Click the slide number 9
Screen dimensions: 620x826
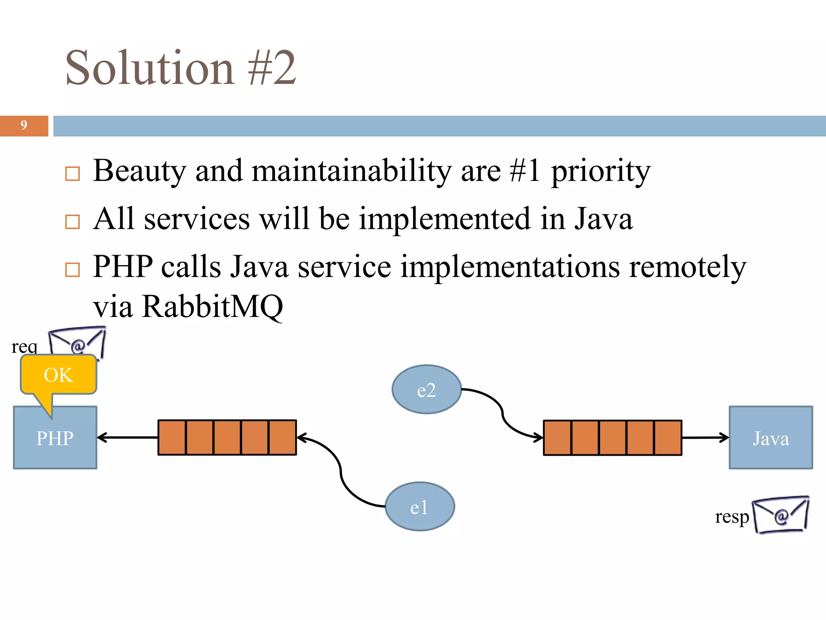coord(24,126)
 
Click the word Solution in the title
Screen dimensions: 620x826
coord(149,68)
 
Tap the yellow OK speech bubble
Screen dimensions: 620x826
coord(58,375)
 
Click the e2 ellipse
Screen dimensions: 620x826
coord(426,390)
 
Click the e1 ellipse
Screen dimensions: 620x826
coord(419,507)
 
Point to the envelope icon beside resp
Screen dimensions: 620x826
coord(780,515)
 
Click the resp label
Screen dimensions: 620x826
coord(732,517)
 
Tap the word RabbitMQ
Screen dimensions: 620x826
coord(212,306)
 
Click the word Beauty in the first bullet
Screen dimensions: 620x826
coord(139,171)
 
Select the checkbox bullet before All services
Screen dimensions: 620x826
coord(73,222)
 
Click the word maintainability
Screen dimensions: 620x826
coord(351,171)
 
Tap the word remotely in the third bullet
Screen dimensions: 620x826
coord(687,267)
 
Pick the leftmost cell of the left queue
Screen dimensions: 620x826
coord(172,438)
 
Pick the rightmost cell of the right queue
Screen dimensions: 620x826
coord(668,438)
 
